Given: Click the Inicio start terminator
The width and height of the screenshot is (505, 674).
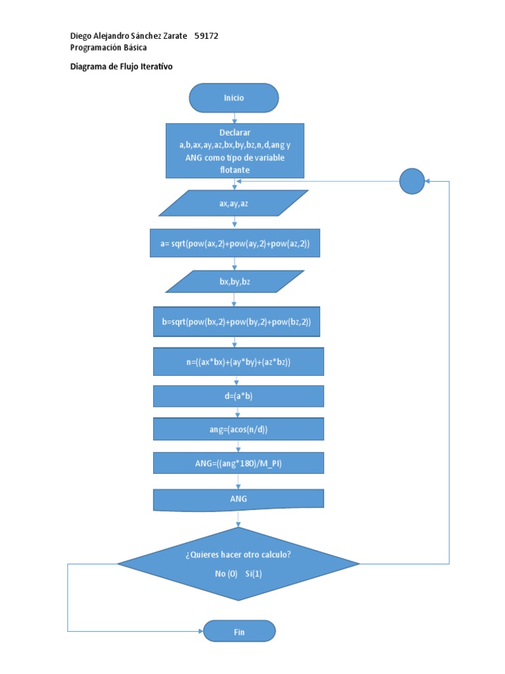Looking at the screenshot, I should [x=233, y=97].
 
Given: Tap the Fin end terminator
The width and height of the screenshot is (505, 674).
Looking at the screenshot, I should [x=239, y=632].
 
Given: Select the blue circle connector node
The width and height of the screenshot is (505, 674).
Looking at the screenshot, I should [x=412, y=181].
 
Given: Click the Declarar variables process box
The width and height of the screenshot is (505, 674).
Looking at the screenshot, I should [x=235, y=151].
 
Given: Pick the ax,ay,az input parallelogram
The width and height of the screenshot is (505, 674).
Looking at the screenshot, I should [x=233, y=203].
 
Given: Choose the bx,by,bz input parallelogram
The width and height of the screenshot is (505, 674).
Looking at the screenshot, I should [x=235, y=282].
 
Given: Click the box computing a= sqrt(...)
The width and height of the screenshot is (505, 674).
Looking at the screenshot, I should [x=235, y=244].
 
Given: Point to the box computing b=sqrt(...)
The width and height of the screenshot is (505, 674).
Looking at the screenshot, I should [x=236, y=322].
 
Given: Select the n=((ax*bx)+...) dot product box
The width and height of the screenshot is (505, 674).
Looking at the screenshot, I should [x=238, y=362].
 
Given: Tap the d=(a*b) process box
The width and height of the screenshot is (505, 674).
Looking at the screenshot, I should [x=238, y=396].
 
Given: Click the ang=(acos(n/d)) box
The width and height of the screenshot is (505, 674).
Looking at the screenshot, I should [x=238, y=429].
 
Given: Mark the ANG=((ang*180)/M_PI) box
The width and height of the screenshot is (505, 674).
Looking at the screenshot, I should [x=238, y=463].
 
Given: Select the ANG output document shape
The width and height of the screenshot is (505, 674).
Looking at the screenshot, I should [x=238, y=499].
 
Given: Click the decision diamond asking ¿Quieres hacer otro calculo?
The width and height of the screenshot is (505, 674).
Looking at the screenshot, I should [x=238, y=563].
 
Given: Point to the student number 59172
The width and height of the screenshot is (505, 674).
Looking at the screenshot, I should [x=206, y=36].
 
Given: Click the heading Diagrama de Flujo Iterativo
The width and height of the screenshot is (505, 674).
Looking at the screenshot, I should [x=121, y=66].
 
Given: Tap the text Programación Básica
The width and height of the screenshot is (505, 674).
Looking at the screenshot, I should [x=108, y=47].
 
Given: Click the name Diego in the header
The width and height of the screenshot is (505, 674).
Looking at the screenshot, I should [x=82, y=36].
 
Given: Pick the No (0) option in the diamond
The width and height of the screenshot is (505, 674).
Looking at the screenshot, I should [x=226, y=574].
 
